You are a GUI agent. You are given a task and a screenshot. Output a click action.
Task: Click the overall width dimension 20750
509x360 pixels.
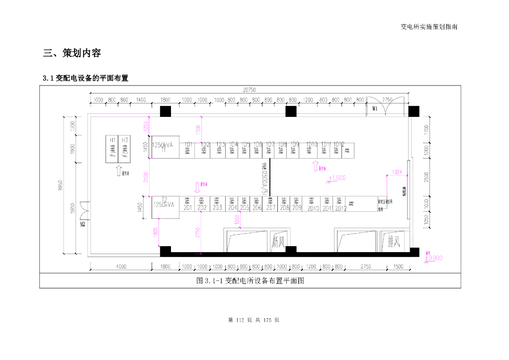tap(249, 90)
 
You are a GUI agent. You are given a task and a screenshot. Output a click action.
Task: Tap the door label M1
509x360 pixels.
tap(374, 107)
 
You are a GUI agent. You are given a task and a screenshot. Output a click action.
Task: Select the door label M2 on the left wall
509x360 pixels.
tap(83, 224)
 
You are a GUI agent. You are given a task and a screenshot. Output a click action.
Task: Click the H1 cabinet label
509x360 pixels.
tap(113, 140)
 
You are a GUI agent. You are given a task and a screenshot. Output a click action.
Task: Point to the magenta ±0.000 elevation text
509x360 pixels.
tap(433, 258)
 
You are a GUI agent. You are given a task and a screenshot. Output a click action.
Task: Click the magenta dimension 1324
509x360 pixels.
tap(397, 172)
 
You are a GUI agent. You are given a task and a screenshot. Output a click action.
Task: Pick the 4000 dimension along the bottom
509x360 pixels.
tap(121, 267)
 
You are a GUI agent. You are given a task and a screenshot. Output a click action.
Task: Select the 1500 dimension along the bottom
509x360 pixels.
tap(398, 267)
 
